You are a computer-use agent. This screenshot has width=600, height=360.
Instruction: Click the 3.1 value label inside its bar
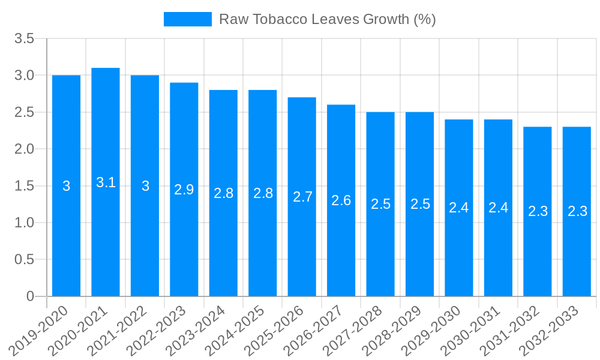tap(106, 182)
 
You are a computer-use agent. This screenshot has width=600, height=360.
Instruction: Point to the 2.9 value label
tap(184, 190)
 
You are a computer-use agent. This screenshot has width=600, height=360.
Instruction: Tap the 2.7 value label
tap(302, 197)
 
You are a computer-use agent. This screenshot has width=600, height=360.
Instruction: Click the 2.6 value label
tap(341, 200)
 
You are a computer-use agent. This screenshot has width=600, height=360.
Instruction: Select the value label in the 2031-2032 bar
tap(538, 211)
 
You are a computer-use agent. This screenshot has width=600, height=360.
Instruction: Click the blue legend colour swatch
tap(188, 19)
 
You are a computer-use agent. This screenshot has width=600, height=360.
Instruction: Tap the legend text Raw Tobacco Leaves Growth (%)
tap(327, 19)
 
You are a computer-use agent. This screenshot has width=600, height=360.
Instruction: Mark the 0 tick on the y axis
tap(31, 296)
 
